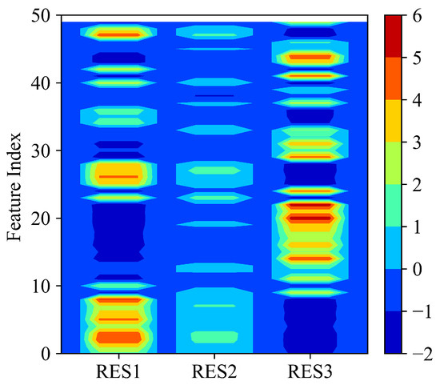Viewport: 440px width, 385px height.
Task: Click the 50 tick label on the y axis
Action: [x=42, y=15]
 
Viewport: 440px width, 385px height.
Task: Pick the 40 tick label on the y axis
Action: [x=42, y=82]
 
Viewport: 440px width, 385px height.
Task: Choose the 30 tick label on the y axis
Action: [x=42, y=150]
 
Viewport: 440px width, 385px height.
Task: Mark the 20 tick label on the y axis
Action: [x=42, y=218]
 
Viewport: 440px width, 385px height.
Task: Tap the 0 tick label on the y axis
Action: [x=47, y=353]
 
